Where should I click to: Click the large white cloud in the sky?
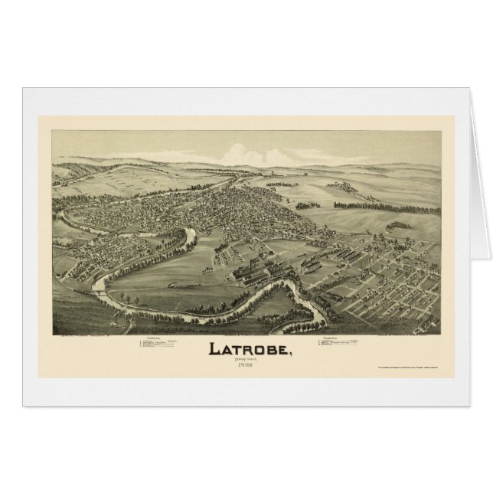click(253, 145)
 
